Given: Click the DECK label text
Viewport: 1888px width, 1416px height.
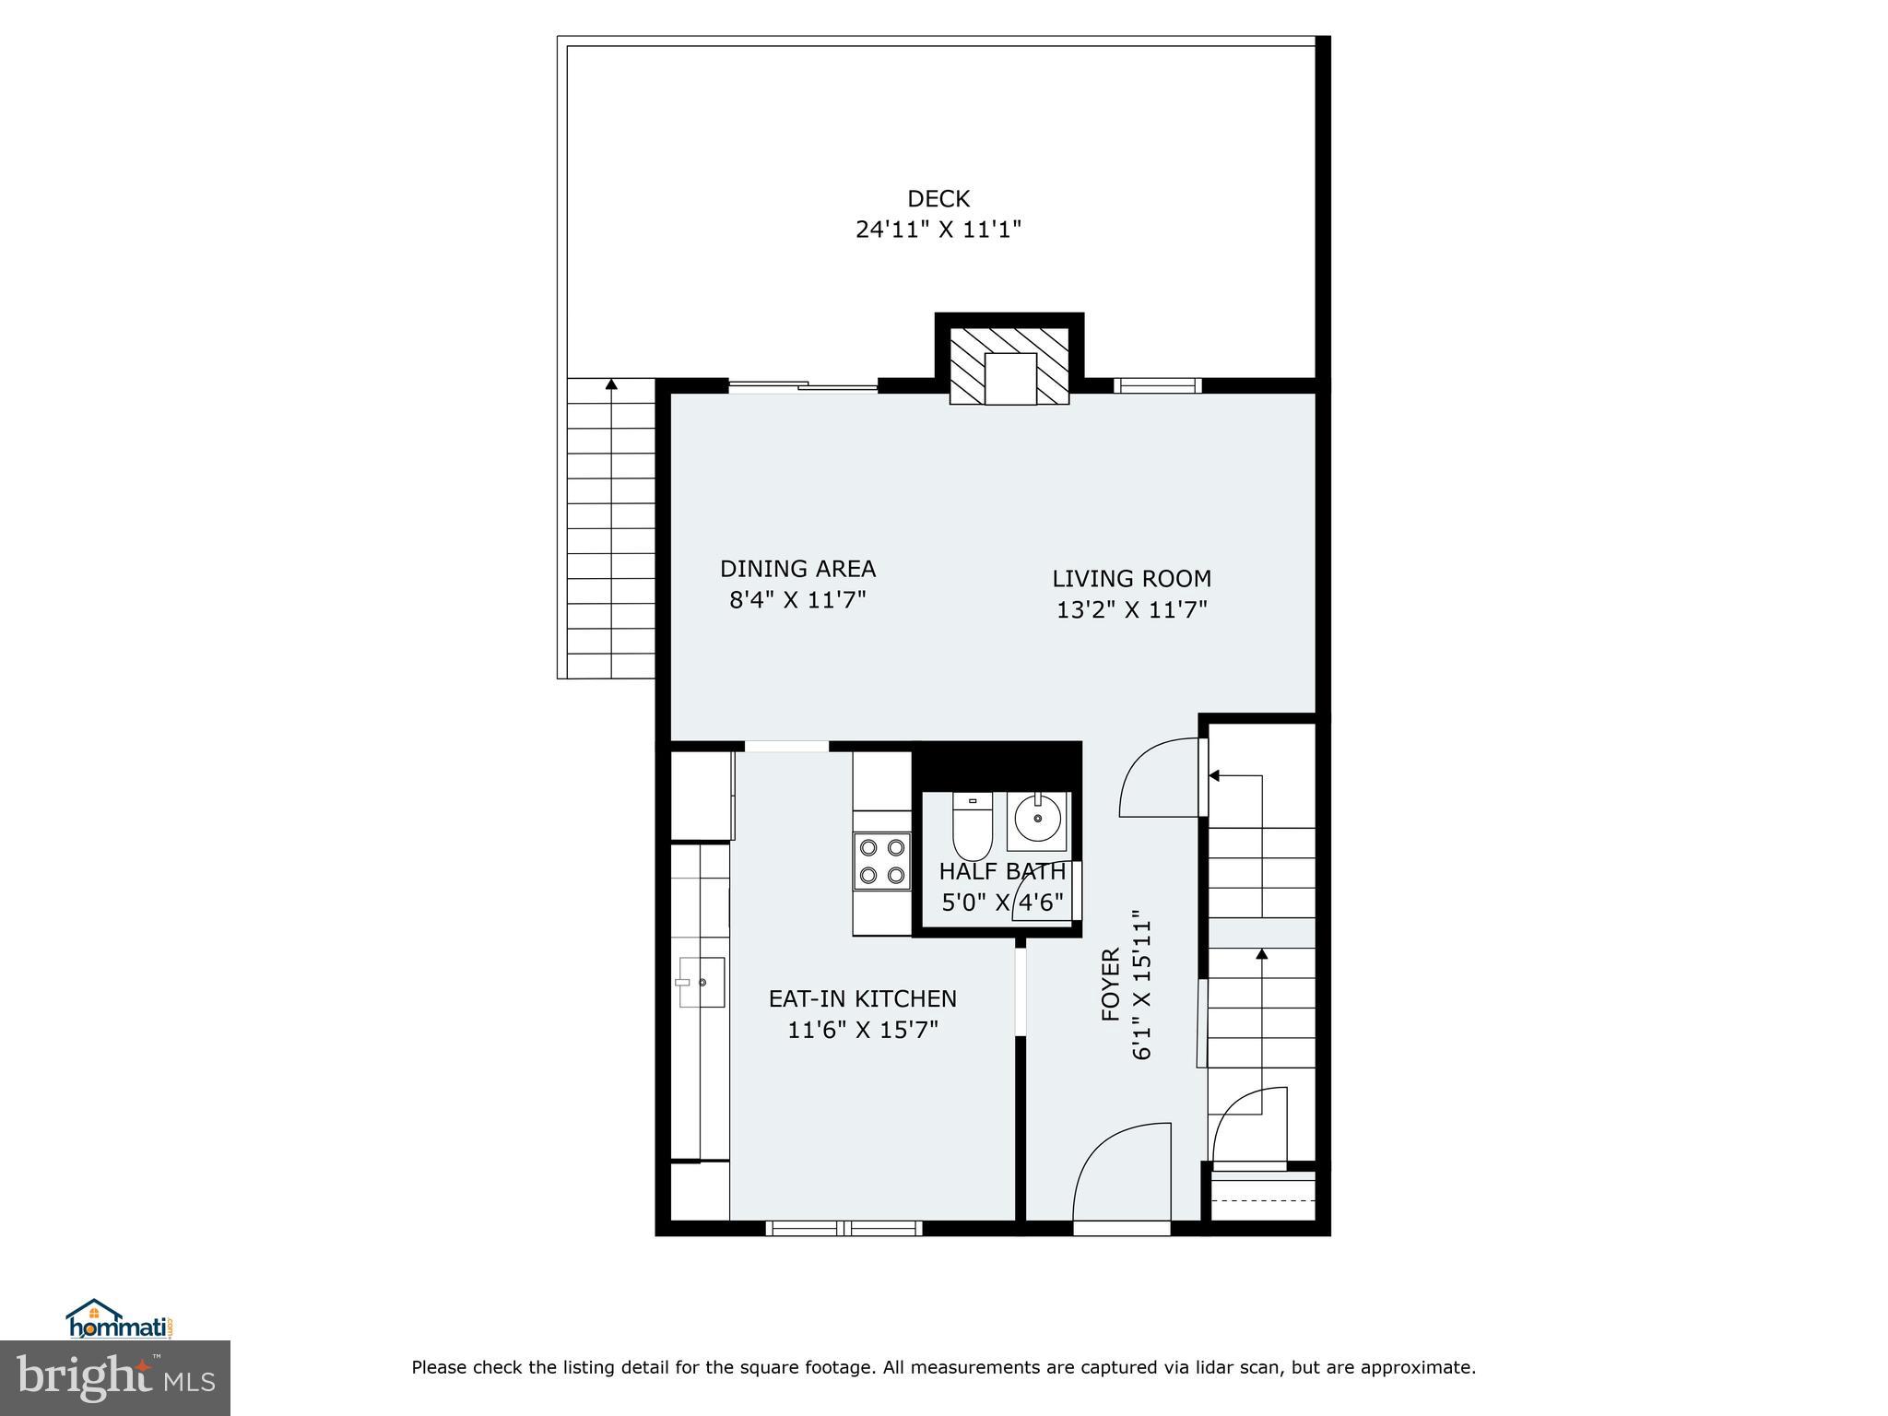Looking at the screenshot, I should pyautogui.click(x=938, y=198).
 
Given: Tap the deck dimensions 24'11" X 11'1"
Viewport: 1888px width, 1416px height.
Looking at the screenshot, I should pyautogui.click(x=938, y=229).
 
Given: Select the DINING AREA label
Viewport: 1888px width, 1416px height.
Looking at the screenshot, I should pyautogui.click(x=797, y=569).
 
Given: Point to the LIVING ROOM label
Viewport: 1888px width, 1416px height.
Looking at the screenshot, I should pyautogui.click(x=1132, y=579).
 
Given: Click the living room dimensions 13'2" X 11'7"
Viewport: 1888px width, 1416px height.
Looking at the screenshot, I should pyautogui.click(x=1132, y=609).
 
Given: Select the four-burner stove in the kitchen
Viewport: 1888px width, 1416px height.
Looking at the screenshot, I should pyautogui.click(x=882, y=860).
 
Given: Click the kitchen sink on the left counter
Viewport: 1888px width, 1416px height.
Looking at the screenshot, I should pyautogui.click(x=702, y=982).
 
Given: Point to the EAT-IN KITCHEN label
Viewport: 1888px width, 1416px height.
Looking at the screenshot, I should pyautogui.click(x=863, y=998).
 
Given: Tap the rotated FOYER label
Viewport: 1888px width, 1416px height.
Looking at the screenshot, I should pyautogui.click(x=1111, y=985).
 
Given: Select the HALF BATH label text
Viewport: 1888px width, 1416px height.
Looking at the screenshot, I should pyautogui.click(x=1002, y=871).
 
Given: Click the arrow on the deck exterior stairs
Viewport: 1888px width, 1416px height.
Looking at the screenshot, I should pyautogui.click(x=611, y=384).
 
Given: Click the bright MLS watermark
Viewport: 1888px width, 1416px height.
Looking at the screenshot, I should pyautogui.click(x=115, y=1377).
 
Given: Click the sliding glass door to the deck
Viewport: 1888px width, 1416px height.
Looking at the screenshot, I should pyautogui.click(x=803, y=387).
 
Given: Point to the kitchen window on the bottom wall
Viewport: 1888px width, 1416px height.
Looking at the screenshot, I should pyautogui.click(x=844, y=1227).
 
